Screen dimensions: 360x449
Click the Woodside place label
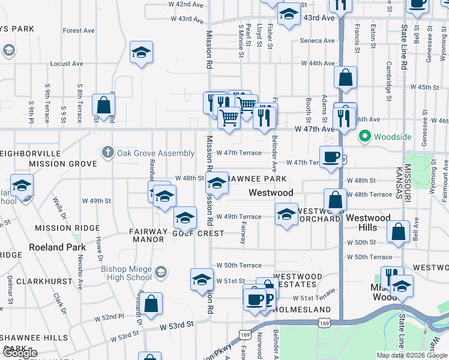point(393,137)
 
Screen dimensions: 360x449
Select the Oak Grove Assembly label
point(155,153)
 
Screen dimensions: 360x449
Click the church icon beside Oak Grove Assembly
point(107,152)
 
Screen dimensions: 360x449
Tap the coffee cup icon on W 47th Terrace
point(331,157)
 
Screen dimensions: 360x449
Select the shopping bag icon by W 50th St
point(398,232)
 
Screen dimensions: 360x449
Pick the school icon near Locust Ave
point(141,52)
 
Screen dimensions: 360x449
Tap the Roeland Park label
point(55,247)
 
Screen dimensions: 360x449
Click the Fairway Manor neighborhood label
point(148,235)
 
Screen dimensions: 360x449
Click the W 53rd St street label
point(177,325)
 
